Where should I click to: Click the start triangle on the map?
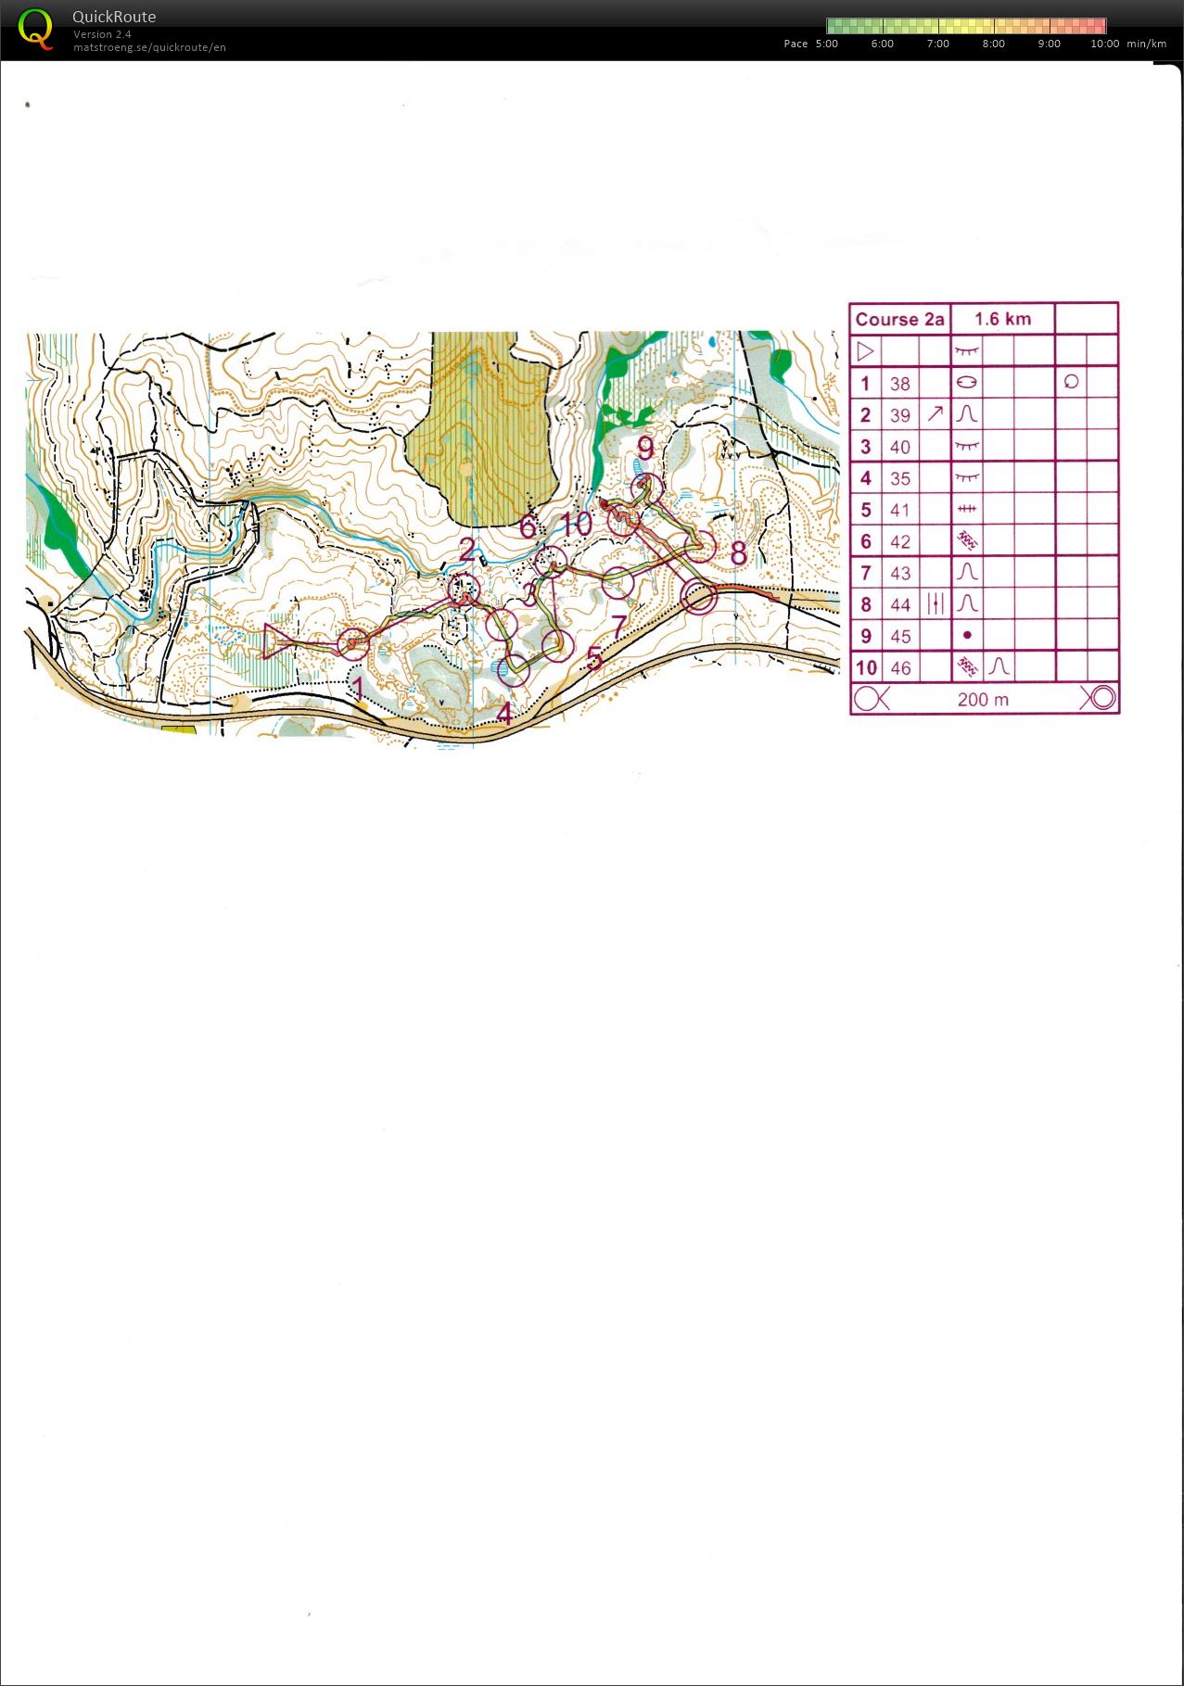(274, 641)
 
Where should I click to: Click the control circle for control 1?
(352, 643)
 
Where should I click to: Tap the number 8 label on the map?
(738, 553)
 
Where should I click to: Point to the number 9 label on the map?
(645, 448)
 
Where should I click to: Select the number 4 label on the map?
(504, 713)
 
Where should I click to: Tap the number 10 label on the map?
(576, 524)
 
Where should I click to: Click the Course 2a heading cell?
(899, 319)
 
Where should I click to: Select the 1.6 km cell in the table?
(1002, 319)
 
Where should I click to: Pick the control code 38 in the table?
(899, 384)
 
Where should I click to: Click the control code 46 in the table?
(899, 667)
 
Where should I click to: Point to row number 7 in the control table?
(865, 573)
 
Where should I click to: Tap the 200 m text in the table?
(983, 699)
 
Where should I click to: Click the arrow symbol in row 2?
(935, 414)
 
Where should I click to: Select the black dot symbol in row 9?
(967, 636)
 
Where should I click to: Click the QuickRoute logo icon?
(35, 29)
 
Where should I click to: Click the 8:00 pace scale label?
(993, 44)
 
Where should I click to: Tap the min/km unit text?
(1147, 44)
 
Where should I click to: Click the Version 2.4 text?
(102, 34)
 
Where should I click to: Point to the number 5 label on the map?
(594, 658)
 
